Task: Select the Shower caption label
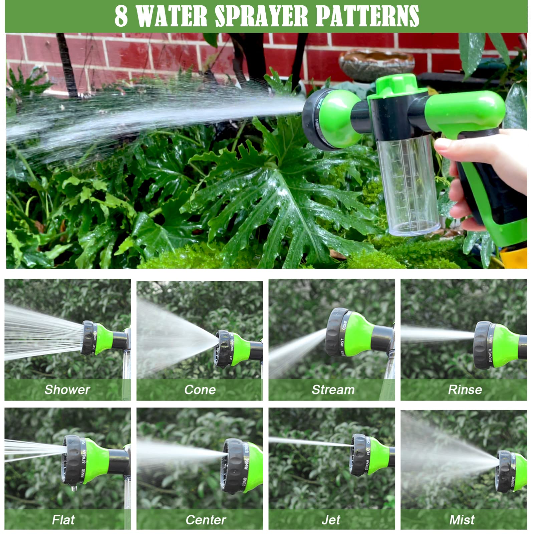click(x=67, y=389)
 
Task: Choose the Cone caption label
click(x=200, y=389)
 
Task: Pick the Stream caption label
click(x=333, y=389)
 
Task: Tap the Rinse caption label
click(x=465, y=389)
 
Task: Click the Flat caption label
click(x=63, y=520)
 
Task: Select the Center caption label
click(x=206, y=520)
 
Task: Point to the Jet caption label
click(x=331, y=520)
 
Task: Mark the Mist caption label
click(x=462, y=520)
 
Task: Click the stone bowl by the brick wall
click(x=376, y=65)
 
